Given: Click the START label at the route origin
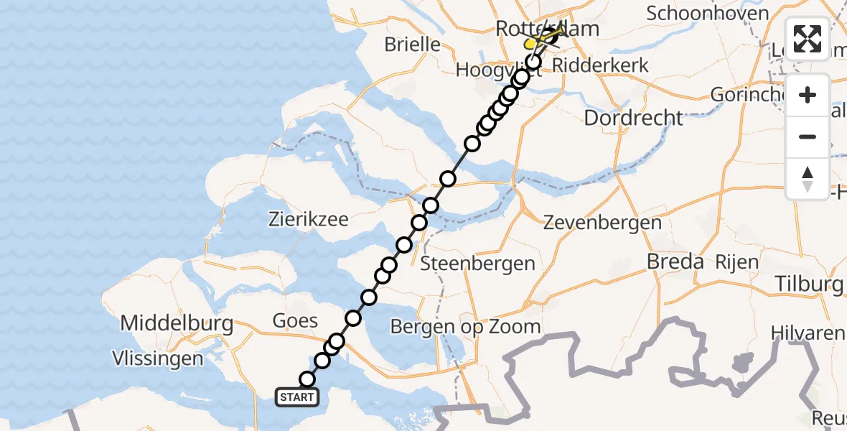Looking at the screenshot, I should pyautogui.click(x=296, y=397).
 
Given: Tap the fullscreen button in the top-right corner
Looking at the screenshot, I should pyautogui.click(x=808, y=39).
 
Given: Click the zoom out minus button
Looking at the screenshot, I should pyautogui.click(x=808, y=136).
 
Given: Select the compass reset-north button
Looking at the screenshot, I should pyautogui.click(x=808, y=178).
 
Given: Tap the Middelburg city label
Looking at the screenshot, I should pyautogui.click(x=177, y=323).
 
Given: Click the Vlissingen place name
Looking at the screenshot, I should pyautogui.click(x=157, y=357).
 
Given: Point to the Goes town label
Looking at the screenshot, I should pyautogui.click(x=296, y=320).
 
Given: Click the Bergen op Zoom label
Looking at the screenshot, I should pyautogui.click(x=465, y=327).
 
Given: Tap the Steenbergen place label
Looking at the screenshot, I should pyautogui.click(x=477, y=263).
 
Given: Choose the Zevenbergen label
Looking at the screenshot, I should pyautogui.click(x=602, y=222).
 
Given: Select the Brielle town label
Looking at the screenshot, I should pyautogui.click(x=412, y=44).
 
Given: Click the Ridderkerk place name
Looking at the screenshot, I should pyautogui.click(x=602, y=65).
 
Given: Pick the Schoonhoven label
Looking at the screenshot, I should pyautogui.click(x=708, y=13).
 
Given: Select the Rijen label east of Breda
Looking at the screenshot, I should pyautogui.click(x=736, y=262).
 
